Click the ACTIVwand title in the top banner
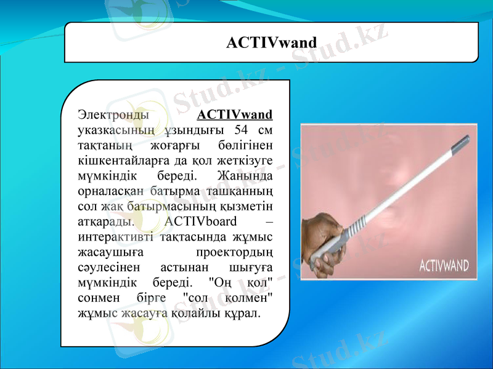pos(271,42)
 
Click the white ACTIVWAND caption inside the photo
pos(444,266)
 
